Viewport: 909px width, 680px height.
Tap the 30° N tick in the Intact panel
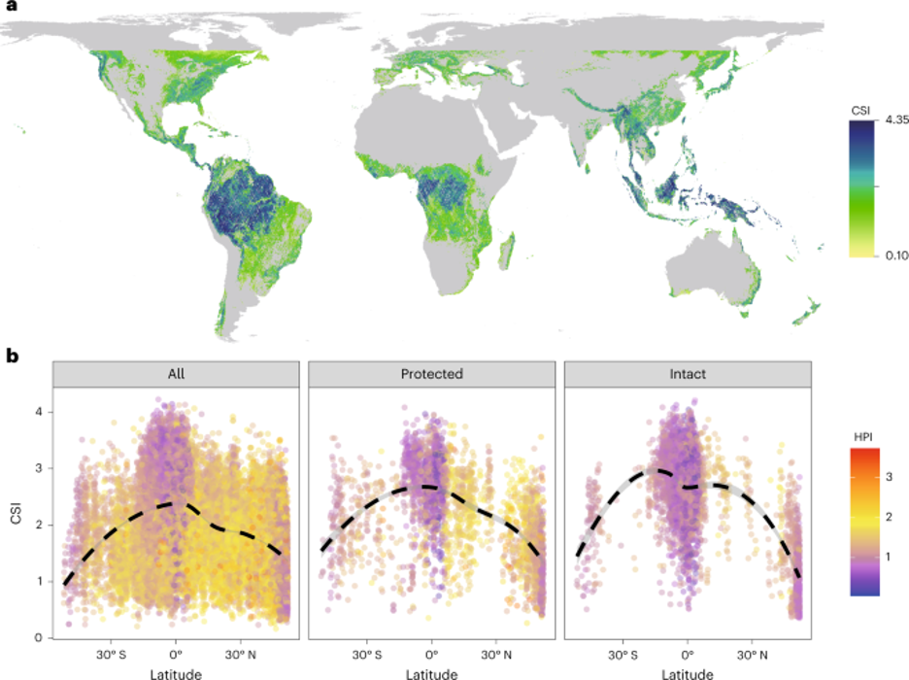click(x=752, y=652)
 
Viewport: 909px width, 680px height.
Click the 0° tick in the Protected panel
click(x=432, y=652)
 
